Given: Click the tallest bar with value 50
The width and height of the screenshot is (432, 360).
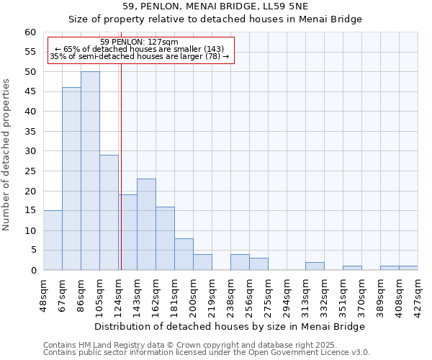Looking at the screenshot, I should pyautogui.click(x=90, y=171).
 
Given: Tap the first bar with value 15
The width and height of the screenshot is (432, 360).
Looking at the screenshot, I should pyautogui.click(x=53, y=240).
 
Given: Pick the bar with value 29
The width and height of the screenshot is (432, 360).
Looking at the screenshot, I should pyautogui.click(x=109, y=212).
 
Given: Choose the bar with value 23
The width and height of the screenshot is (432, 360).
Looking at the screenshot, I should pyautogui.click(x=146, y=224).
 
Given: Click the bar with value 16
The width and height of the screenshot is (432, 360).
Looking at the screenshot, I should pyautogui.click(x=165, y=238).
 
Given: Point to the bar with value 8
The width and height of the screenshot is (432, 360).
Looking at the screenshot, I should pyautogui.click(x=184, y=254).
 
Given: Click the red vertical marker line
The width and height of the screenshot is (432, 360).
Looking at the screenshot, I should pyautogui.click(x=121, y=180).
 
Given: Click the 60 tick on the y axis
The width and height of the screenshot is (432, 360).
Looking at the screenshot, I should pyautogui.click(x=30, y=32).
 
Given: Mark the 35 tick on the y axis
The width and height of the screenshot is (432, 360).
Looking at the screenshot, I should pyautogui.click(x=30, y=132).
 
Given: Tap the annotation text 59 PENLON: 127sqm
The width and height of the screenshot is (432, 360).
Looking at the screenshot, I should pyautogui.click(x=140, y=42).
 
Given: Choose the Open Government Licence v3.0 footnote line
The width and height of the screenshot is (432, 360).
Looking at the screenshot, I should pyautogui.click(x=207, y=353).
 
